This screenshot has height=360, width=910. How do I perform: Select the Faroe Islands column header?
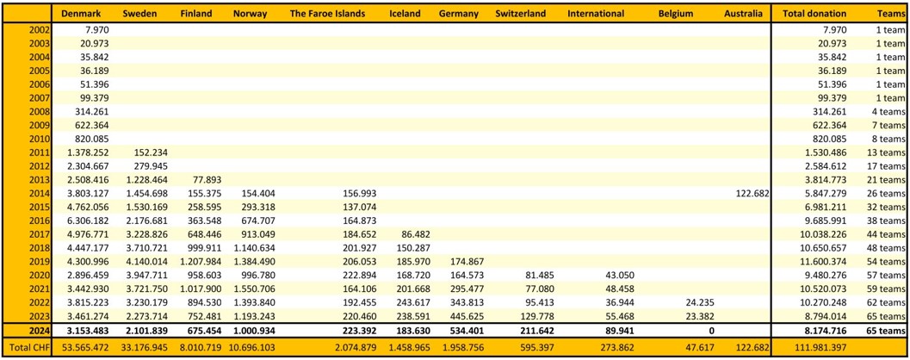(x=327, y=13)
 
